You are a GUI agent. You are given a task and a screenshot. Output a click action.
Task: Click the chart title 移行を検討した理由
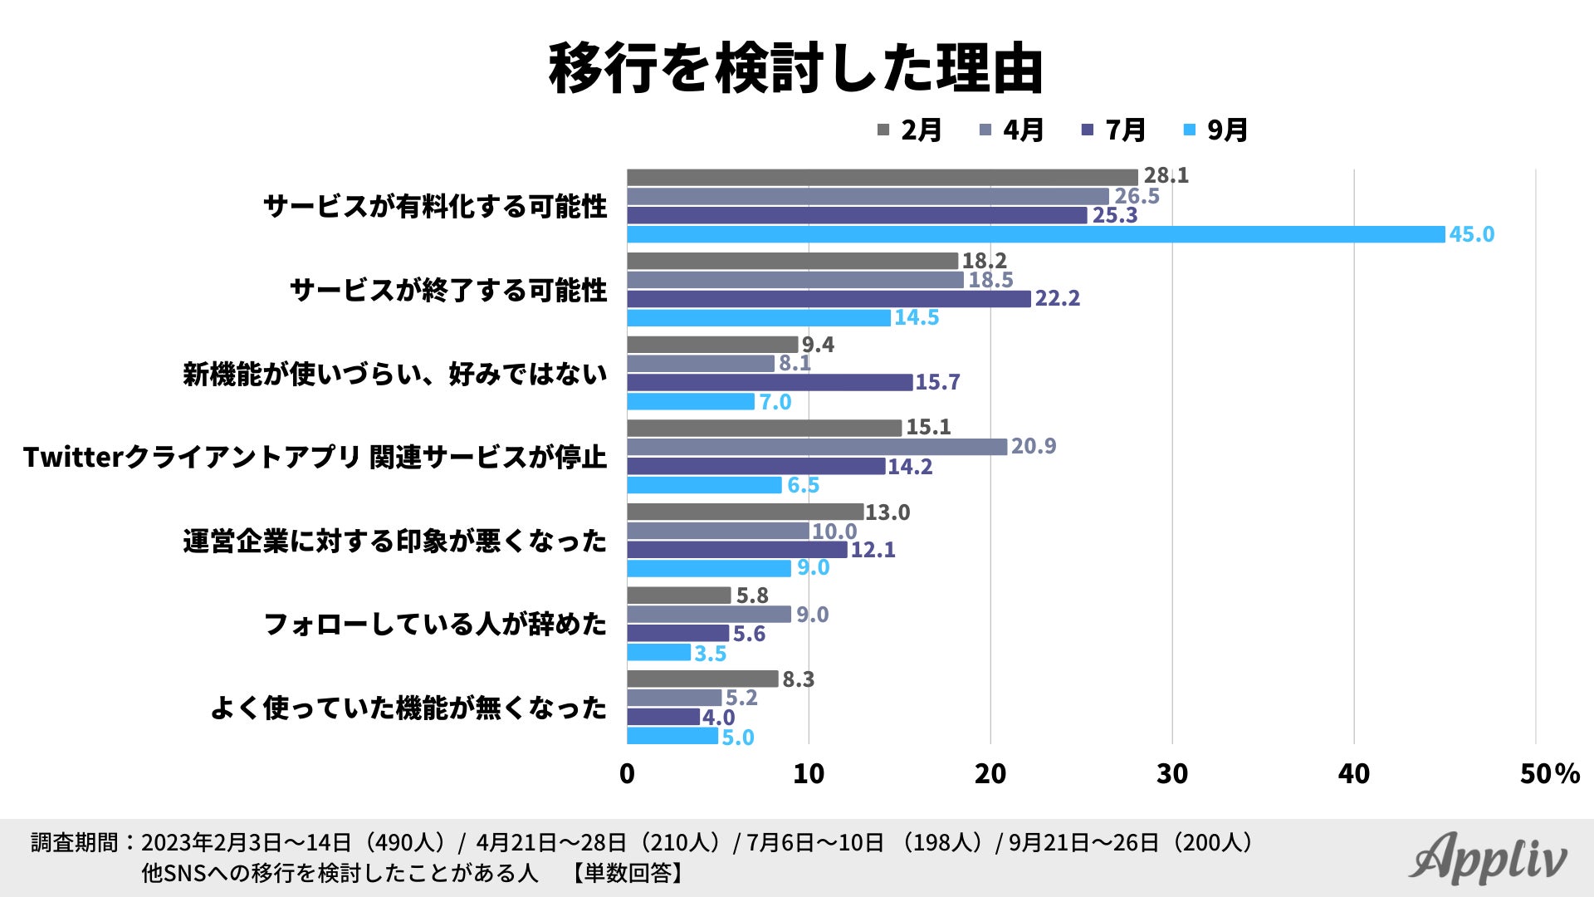[795, 68]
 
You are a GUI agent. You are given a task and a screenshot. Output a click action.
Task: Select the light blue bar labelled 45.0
[1035, 235]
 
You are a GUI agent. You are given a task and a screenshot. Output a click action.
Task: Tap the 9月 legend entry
[1217, 130]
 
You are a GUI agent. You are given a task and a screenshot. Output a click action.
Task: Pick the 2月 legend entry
[911, 130]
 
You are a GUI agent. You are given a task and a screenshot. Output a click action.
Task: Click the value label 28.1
[1166, 175]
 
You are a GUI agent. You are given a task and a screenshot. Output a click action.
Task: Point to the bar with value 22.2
[829, 299]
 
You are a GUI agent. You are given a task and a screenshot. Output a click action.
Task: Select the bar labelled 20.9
[817, 447]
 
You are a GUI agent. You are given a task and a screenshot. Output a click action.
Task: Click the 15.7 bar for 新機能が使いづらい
[770, 383]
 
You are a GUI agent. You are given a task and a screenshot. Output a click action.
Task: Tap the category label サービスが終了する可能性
[448, 291]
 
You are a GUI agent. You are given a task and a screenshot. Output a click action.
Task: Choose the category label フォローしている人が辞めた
[435, 625]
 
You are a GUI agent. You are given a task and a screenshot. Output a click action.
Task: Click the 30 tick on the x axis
[1171, 774]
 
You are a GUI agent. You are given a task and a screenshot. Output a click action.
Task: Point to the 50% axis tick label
[1549, 774]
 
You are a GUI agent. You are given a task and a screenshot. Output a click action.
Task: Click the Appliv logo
[1489, 859]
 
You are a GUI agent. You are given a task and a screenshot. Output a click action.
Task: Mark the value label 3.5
[710, 654]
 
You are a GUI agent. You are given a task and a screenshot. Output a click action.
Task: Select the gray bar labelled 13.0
[745, 512]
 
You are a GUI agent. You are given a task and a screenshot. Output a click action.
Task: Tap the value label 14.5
[916, 318]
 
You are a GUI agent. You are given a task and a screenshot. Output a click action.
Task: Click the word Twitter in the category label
[73, 458]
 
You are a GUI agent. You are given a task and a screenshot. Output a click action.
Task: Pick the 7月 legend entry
[1115, 130]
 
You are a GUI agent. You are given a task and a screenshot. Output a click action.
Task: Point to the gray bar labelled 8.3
[702, 679]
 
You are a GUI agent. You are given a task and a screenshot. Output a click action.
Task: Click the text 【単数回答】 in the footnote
[628, 873]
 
